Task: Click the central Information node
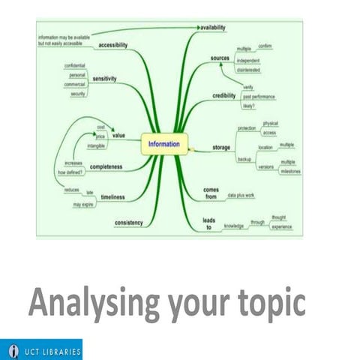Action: point(163,143)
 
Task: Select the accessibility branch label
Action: point(113,45)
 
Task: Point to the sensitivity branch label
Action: point(109,79)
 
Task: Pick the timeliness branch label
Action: point(112,196)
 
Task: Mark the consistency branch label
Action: point(129,223)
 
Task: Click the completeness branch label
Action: point(106,165)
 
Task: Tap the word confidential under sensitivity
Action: point(75,66)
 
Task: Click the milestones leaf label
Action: point(291,172)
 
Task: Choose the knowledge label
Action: point(234,226)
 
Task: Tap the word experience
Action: point(282,226)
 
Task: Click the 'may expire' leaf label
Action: point(82,204)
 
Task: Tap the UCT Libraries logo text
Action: point(50,350)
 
